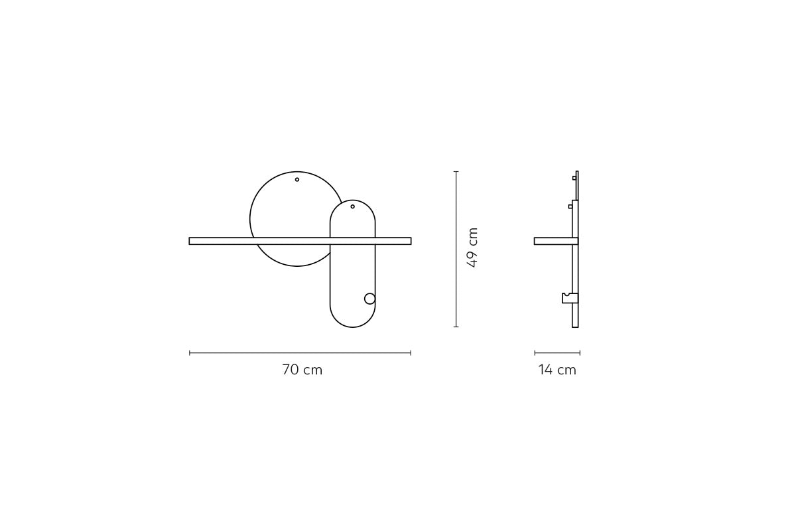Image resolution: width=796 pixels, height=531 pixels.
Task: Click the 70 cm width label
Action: click(x=302, y=370)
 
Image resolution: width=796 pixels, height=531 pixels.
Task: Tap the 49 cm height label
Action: click(x=472, y=248)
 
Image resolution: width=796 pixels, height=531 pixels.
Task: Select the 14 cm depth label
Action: click(x=557, y=370)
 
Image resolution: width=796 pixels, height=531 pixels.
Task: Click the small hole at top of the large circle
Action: click(x=297, y=179)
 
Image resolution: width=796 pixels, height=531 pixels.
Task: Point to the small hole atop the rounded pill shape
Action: click(x=352, y=206)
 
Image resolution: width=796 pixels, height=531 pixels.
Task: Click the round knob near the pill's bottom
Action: click(x=370, y=299)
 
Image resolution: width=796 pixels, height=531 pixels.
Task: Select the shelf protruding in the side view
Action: click(x=554, y=241)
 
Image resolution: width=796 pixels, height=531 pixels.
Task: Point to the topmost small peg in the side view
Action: click(x=574, y=178)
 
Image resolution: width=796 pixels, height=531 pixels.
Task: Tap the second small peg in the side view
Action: click(x=570, y=206)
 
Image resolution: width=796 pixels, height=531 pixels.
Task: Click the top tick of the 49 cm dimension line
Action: click(x=456, y=171)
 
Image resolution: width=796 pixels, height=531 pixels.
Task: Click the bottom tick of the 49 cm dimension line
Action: click(x=456, y=327)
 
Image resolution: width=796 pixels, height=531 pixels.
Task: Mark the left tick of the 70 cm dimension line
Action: click(x=190, y=353)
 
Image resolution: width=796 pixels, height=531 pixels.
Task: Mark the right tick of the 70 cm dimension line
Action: click(x=411, y=353)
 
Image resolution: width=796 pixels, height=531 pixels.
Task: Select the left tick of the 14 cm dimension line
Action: click(x=535, y=353)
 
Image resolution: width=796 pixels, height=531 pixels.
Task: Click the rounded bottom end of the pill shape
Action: click(x=352, y=325)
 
